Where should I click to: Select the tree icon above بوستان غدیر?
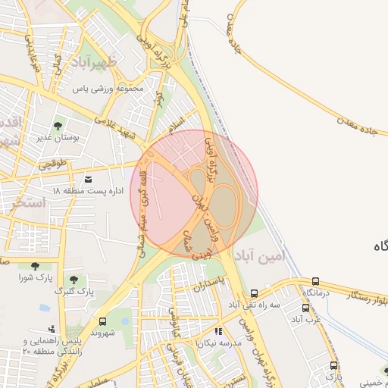pyautogui.click(x=58, y=126)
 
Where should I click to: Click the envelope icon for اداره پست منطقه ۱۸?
pyautogui.click(x=89, y=180)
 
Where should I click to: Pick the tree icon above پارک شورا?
pyautogui.click(x=35, y=265)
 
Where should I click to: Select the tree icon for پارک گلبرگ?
pyautogui.click(x=74, y=280)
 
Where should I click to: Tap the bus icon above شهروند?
pyautogui.click(x=104, y=320)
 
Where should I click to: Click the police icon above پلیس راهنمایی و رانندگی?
pyautogui.click(x=51, y=329)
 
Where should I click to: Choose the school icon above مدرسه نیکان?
pyautogui.click(x=219, y=331)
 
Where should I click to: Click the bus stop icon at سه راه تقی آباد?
pyautogui.click(x=254, y=293)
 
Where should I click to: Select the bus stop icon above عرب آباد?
pyautogui.click(x=305, y=308)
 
